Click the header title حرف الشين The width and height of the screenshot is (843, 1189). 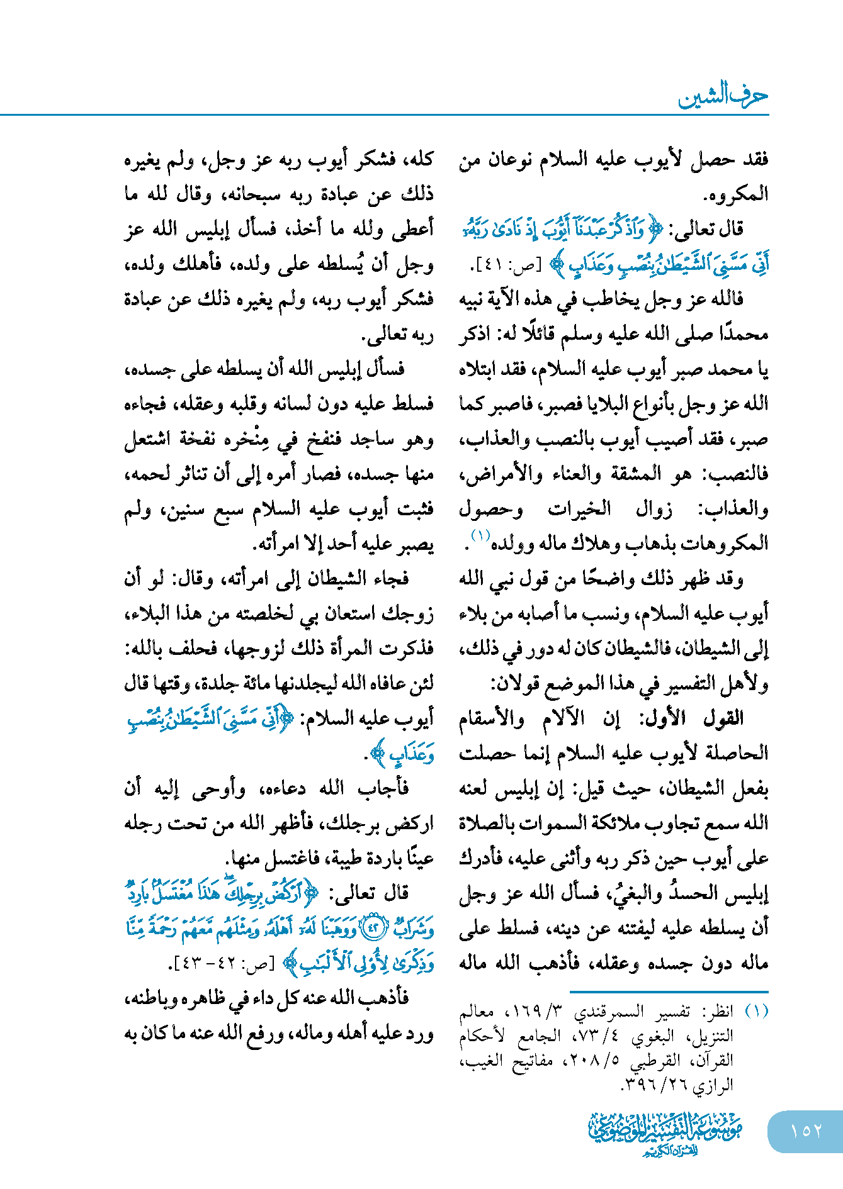723,96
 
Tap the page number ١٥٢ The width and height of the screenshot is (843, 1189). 806,1131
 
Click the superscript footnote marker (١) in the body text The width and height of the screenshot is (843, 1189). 480,535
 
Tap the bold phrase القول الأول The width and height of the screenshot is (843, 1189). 693,718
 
